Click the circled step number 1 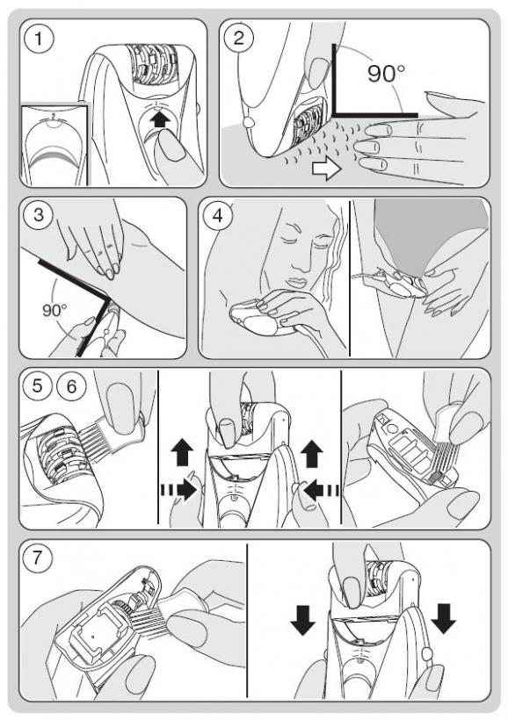tap(39, 39)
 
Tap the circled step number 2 tap(238, 38)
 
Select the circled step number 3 tap(39, 214)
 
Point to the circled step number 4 tap(218, 215)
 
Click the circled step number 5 tap(37, 386)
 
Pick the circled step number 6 tap(71, 386)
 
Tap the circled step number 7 tap(37, 558)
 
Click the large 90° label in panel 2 tap(386, 73)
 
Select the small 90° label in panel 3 tap(54, 311)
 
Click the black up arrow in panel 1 tap(160, 120)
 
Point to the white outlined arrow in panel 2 tap(326, 169)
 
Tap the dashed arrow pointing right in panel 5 tap(178, 490)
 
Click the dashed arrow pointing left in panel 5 tap(321, 490)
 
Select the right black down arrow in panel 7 tap(444, 619)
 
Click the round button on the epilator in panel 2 tap(248, 123)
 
